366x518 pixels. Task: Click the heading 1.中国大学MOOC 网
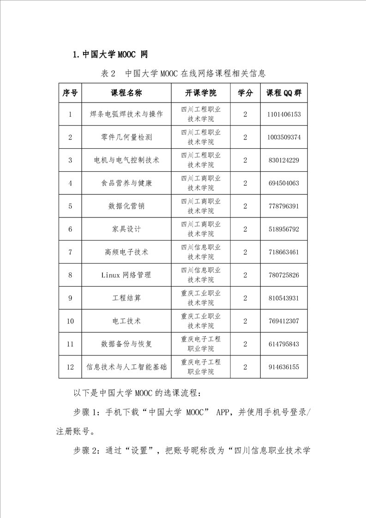[x=111, y=54]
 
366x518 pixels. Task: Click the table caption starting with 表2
[x=183, y=73]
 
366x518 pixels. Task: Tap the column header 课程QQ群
[x=283, y=93]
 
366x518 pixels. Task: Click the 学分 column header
[x=245, y=93]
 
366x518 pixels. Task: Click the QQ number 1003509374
[x=283, y=137]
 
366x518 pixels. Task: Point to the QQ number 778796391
[x=283, y=206]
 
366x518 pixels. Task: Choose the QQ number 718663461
[x=283, y=252]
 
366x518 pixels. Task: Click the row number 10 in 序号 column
[x=70, y=321]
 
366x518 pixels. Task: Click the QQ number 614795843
[x=283, y=344]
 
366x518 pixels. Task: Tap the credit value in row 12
[x=245, y=367]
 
